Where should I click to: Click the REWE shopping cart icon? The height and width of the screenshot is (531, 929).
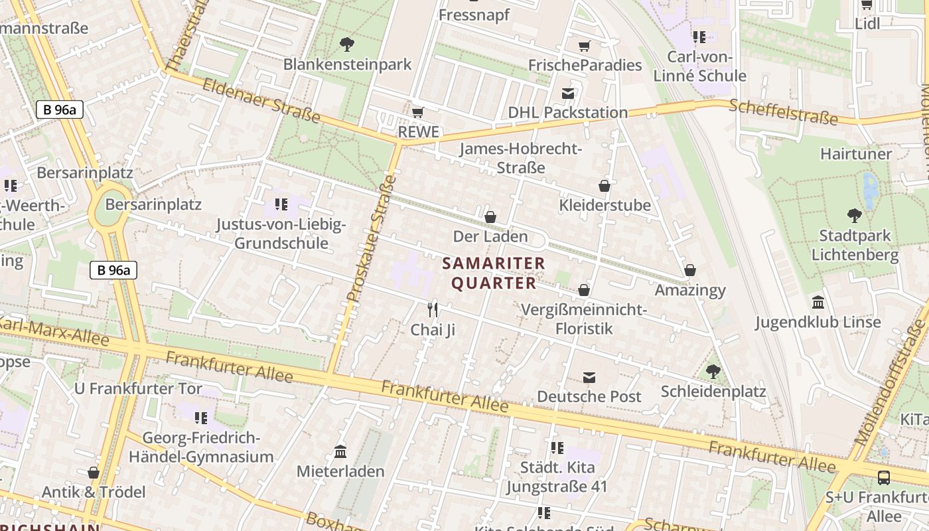417,112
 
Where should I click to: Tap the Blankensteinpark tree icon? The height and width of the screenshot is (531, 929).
346,44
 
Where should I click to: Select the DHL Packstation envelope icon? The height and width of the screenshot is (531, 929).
568,93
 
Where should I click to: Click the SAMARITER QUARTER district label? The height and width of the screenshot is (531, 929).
494,273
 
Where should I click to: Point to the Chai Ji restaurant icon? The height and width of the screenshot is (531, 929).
433,309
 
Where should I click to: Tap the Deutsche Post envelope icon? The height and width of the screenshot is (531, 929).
589,377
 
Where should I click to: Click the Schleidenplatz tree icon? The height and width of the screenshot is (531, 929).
713,372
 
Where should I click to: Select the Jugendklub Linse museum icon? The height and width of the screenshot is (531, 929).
818,302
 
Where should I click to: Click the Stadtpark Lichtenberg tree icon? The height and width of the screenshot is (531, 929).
855,215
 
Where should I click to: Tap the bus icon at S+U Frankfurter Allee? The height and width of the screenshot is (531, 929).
884,477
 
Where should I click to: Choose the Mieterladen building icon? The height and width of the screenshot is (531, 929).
340,451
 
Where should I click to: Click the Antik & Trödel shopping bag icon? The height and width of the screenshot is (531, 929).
94,473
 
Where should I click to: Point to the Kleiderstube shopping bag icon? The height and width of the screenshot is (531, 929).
605,185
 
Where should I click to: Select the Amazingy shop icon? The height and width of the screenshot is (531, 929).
690,270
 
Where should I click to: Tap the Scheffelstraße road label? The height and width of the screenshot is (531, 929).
783,112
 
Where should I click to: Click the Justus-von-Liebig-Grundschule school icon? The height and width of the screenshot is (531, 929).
281,204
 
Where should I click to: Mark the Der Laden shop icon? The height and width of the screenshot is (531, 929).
490,216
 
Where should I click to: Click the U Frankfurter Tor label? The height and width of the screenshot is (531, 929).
138,388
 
